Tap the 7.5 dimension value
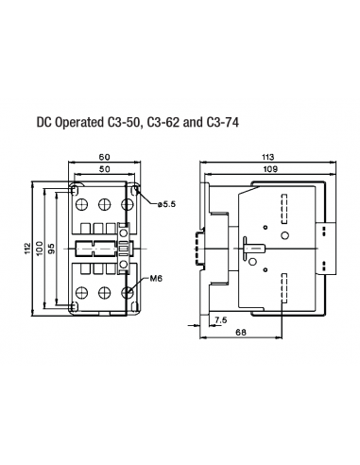coord(221,321)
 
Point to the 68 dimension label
coord(242,334)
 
